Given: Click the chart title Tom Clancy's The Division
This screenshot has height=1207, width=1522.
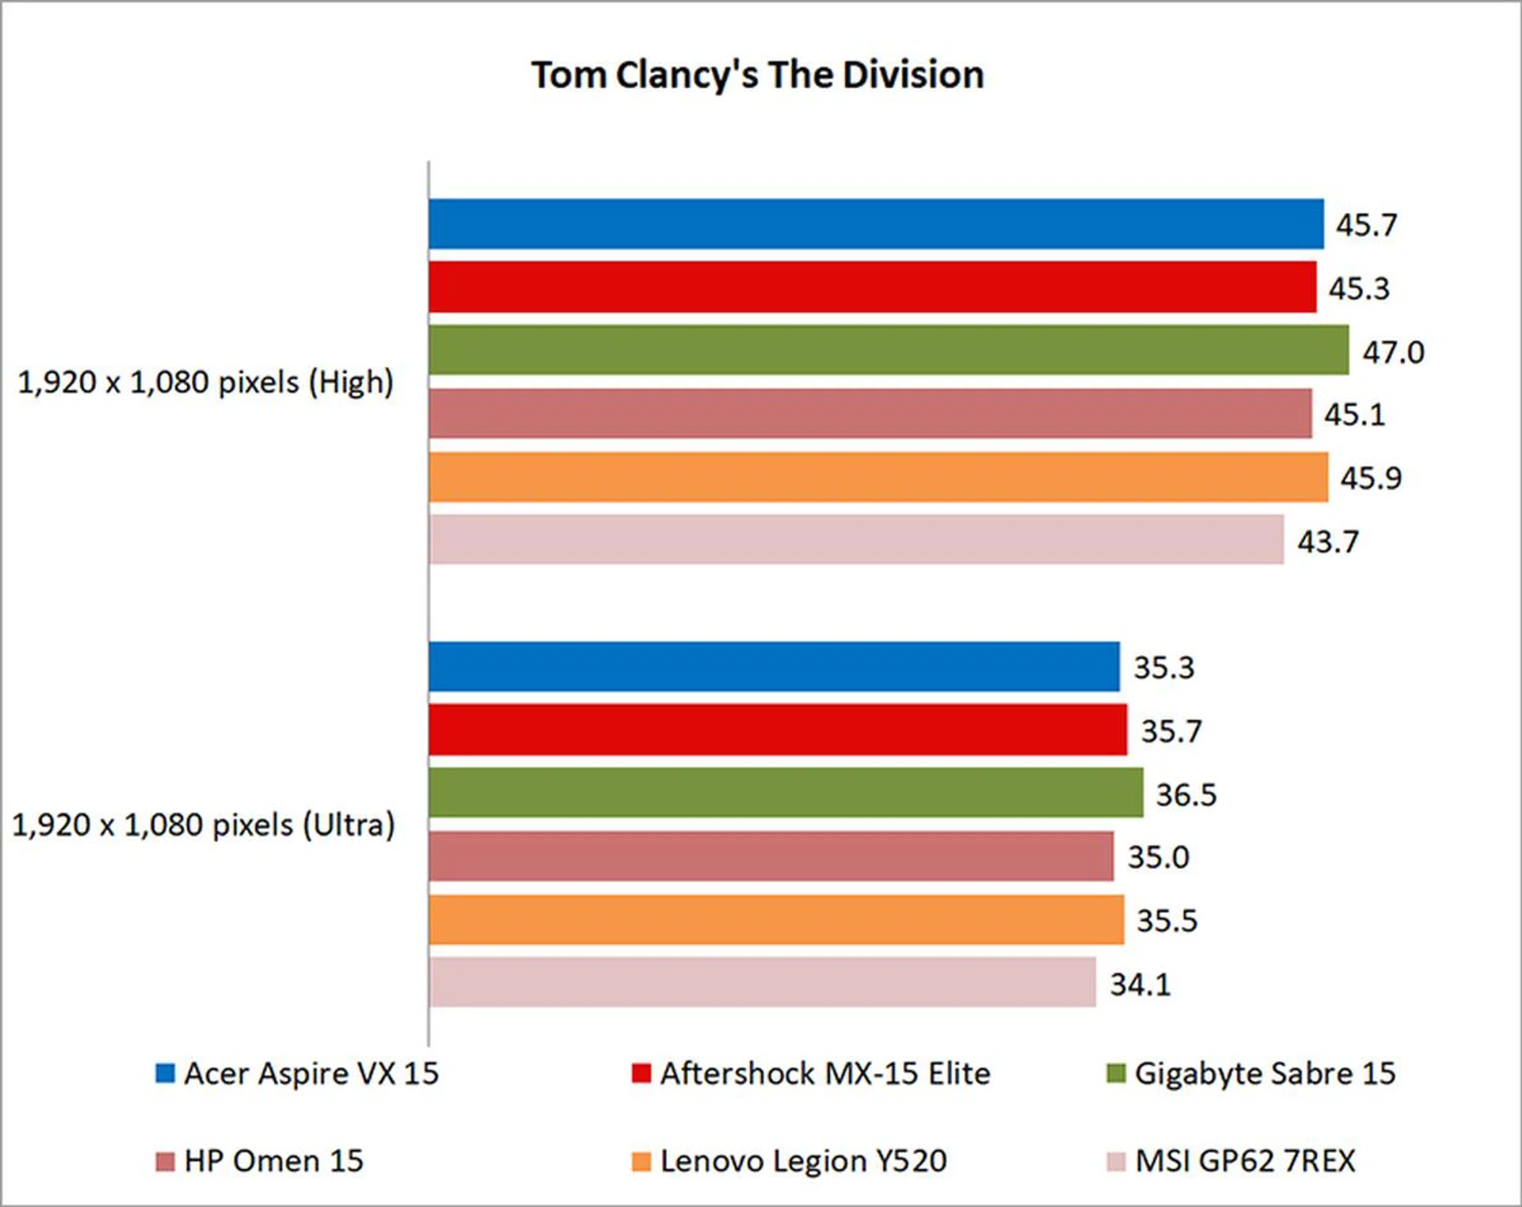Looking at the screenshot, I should pos(757,75).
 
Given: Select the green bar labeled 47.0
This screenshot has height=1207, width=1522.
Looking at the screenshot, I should pos(888,350).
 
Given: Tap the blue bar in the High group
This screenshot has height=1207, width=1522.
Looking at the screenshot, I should pos(876,224).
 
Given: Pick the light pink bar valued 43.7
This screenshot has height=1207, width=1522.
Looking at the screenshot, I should pos(856,539).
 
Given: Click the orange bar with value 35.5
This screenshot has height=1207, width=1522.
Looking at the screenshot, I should pos(776,920).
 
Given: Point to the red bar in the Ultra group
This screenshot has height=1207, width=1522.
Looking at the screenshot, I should pos(778,730).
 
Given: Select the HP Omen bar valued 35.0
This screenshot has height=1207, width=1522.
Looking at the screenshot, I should pos(771,856).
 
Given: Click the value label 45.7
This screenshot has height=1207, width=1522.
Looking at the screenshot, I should pos(1366,225).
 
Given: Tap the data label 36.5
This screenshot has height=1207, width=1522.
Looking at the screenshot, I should pos(1186,795).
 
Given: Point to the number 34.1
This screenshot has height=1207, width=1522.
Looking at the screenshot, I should pos(1140,985).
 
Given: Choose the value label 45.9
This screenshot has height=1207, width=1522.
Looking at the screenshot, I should pos(1371,478).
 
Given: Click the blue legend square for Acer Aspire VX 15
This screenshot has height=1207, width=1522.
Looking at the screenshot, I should pos(165,1073).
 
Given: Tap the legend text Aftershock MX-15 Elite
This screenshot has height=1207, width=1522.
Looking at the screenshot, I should pos(825,1074).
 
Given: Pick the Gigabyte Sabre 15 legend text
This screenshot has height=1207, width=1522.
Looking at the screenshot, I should pos(1264,1074).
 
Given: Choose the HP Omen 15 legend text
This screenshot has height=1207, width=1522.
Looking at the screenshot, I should pos(273,1161).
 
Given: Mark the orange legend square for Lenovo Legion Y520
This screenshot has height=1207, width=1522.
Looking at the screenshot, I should pos(641,1162).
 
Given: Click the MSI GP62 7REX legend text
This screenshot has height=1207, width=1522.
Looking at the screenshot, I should pos(1245,1161).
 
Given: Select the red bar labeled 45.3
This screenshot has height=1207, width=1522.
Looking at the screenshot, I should pos(872,287).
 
